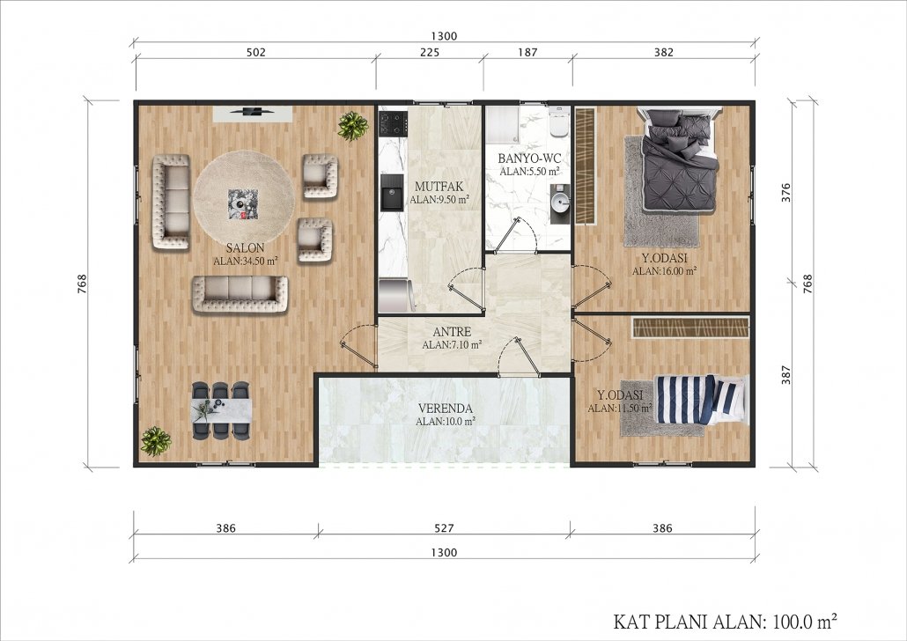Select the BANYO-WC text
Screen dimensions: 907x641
[529, 158]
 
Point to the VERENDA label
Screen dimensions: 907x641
[446, 408]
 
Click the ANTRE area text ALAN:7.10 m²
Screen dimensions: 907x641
[452, 345]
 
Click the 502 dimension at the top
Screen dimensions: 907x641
[255, 52]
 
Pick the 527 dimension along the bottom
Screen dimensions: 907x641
[444, 527]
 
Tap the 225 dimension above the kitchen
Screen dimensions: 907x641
[429, 52]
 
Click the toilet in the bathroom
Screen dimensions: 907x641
[559, 121]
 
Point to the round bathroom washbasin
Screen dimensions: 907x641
[559, 203]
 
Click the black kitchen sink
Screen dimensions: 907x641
[392, 192]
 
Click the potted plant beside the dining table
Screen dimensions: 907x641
[156, 441]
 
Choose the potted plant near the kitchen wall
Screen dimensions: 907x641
[353, 126]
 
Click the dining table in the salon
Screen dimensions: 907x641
[222, 409]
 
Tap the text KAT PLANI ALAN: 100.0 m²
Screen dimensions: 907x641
[725, 622]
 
